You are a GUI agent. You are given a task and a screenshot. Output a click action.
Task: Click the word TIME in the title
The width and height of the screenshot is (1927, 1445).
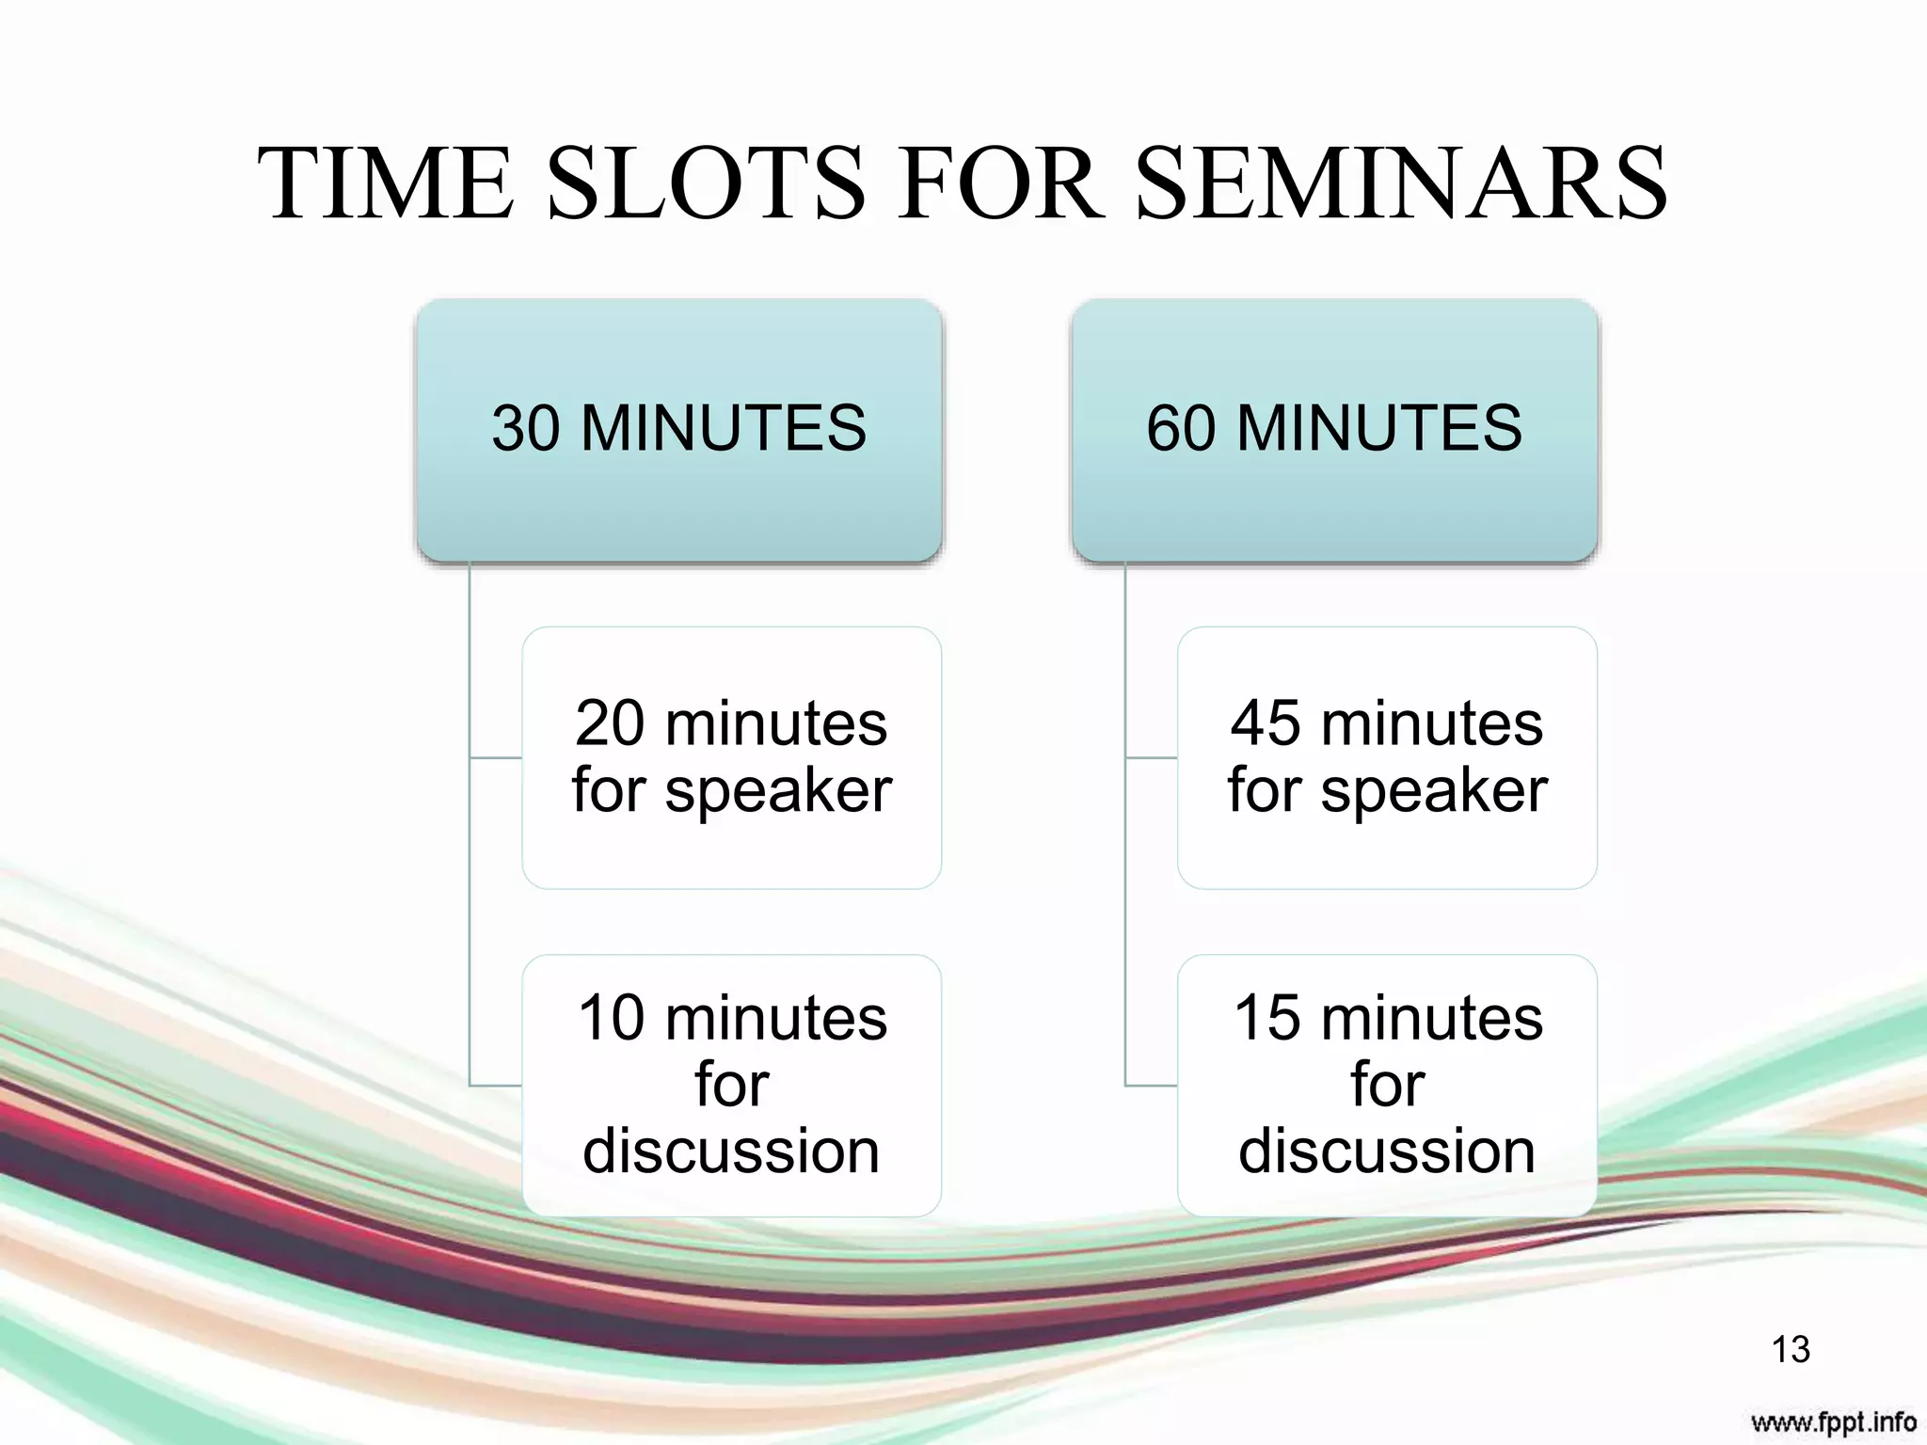click(386, 183)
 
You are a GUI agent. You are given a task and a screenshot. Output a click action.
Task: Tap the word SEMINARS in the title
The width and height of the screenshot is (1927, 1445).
click(1402, 183)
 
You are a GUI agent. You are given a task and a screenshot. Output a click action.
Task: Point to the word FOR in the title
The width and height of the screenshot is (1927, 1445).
click(1000, 183)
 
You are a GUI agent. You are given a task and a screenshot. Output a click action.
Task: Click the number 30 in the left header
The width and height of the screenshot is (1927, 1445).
click(525, 429)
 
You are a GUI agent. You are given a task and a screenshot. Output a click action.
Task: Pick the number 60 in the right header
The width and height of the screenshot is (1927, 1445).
click(1180, 429)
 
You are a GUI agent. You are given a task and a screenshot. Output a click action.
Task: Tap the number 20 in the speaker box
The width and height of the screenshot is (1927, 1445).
click(609, 723)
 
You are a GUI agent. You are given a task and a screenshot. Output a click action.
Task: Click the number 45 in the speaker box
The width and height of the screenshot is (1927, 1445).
click(1264, 723)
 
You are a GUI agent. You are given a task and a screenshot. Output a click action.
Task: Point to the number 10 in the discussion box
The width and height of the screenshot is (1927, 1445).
click(612, 1019)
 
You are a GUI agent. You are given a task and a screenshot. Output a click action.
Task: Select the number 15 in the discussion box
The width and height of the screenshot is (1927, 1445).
click(1266, 1019)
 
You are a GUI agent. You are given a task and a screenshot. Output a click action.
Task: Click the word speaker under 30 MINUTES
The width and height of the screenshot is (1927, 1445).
click(778, 791)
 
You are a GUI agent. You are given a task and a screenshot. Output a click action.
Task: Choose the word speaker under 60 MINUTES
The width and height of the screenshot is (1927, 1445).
click(1434, 791)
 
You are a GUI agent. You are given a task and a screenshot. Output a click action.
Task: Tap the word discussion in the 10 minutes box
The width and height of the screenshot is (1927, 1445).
click(731, 1151)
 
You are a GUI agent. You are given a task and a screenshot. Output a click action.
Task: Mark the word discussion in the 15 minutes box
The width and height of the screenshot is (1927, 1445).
click(1387, 1151)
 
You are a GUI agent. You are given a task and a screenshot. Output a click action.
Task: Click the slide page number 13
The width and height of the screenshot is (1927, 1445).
click(1790, 1349)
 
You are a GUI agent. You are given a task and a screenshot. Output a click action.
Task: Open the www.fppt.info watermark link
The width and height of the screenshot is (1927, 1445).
click(1833, 1421)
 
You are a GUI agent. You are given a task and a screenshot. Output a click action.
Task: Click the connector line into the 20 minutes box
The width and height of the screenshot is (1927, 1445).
click(495, 757)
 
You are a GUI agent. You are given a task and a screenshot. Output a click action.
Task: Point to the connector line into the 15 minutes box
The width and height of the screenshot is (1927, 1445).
click(1150, 1086)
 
